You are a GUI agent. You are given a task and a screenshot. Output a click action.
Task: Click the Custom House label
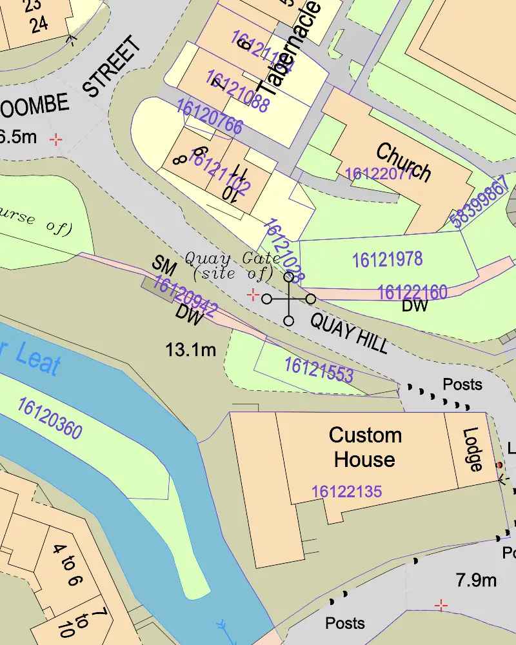tap(364, 447)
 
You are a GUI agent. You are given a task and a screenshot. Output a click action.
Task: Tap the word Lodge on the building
tap(472, 450)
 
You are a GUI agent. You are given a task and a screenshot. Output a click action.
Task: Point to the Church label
tap(403, 163)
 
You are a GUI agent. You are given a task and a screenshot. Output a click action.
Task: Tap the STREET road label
tap(113, 67)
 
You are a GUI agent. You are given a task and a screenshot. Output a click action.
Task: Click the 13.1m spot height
tap(190, 350)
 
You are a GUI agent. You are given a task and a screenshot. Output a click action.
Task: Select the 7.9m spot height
tap(476, 580)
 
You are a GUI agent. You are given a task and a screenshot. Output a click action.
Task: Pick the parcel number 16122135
tap(346, 491)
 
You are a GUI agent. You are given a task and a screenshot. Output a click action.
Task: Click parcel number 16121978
tap(387, 259)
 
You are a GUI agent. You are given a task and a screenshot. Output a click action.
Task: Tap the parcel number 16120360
tap(50, 419)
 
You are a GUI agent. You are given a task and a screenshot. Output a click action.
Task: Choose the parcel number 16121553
tap(319, 370)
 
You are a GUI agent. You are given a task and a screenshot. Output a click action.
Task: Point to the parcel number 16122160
tap(412, 292)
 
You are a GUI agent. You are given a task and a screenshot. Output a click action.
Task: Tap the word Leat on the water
tap(35, 358)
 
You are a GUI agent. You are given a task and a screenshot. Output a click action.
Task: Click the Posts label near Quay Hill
tap(462, 384)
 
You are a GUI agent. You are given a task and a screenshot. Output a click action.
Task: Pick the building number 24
tap(39, 25)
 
